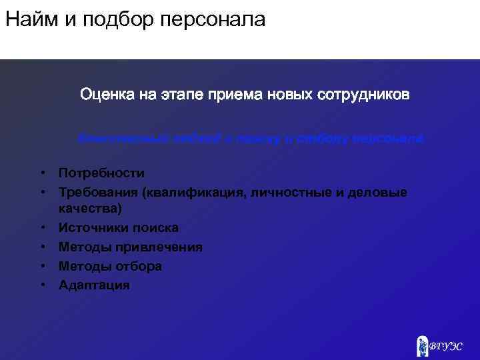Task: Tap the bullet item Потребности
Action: tap(101, 173)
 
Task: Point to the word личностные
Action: tap(289, 192)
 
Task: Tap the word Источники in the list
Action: tap(90, 228)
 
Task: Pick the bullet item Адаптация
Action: tap(95, 285)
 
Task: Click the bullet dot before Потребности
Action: tap(41, 173)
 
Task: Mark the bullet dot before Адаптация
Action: tap(41, 285)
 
